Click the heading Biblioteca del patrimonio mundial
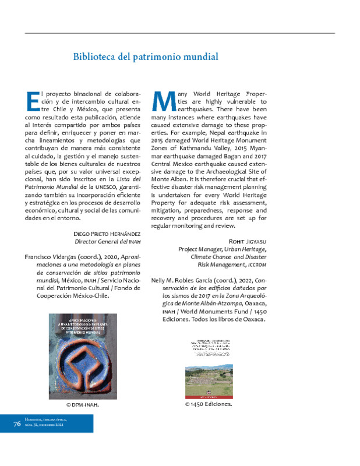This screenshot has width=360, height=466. tap(146, 57)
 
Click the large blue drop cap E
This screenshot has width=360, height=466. tap(33, 100)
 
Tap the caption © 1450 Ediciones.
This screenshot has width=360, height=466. tap(208, 403)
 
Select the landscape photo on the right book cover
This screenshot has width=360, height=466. tap(209, 377)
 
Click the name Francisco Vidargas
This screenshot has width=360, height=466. tap(50, 257)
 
